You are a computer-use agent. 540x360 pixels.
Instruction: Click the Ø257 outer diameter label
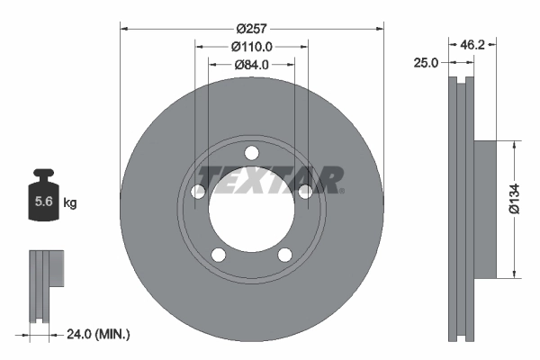[251, 15]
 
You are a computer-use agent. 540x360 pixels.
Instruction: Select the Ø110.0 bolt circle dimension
[251, 45]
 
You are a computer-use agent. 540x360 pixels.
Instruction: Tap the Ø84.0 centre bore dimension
[251, 64]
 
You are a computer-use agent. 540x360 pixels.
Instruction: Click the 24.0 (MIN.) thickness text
[98, 334]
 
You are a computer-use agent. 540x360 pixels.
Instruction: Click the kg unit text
[70, 203]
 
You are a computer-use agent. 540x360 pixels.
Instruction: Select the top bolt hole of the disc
[252, 151]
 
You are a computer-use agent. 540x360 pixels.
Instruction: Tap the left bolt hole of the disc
[199, 191]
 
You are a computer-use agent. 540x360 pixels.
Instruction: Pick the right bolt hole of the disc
[305, 190]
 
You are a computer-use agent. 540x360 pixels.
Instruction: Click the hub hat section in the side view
[484, 209]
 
